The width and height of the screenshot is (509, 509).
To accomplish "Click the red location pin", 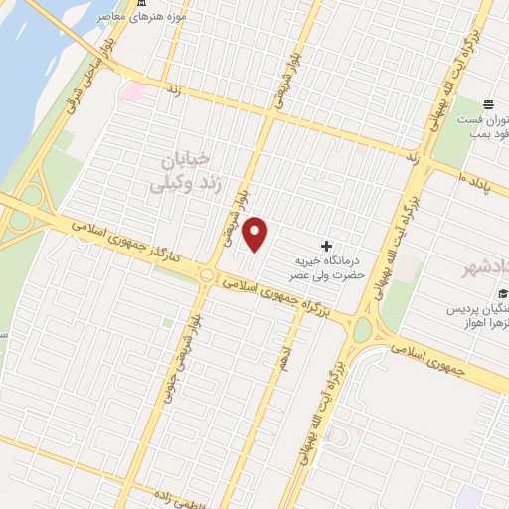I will tap(255, 234).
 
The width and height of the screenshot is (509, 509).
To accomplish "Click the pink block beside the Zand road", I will tap(132, 92).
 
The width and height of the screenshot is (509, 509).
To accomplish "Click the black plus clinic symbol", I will tap(328, 246).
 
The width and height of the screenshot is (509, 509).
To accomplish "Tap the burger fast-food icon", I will tap(488, 104).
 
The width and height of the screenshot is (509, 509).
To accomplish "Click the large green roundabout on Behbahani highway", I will tap(362, 329).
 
